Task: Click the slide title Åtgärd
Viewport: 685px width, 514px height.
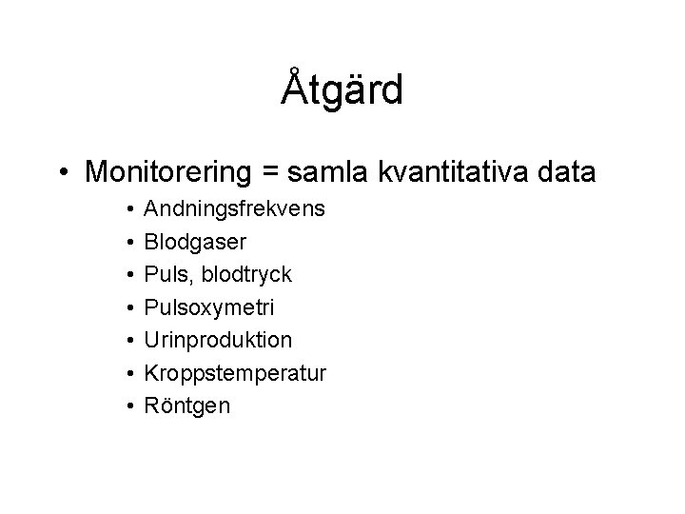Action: pyautogui.click(x=342, y=90)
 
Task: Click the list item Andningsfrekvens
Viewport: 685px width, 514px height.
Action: pyautogui.click(x=233, y=209)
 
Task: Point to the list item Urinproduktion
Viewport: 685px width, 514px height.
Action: pyautogui.click(x=218, y=340)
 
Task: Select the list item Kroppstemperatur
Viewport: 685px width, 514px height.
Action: pyautogui.click(x=234, y=373)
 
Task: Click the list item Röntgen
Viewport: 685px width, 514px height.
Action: pyautogui.click(x=186, y=405)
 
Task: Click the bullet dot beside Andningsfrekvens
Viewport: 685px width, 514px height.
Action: pyautogui.click(x=128, y=209)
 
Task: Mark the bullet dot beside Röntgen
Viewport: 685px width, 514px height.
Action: pyautogui.click(x=128, y=406)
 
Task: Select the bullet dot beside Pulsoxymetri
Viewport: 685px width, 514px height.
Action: pyautogui.click(x=128, y=308)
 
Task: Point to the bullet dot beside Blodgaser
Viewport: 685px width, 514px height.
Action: pyautogui.click(x=128, y=243)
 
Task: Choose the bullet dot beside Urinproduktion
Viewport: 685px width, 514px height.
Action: pyautogui.click(x=128, y=341)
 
